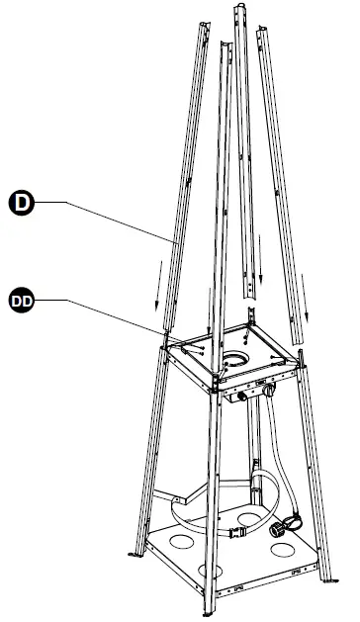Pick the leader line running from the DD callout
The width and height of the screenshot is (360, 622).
[x=99, y=314]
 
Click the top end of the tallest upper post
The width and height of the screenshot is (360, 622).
[x=238, y=12]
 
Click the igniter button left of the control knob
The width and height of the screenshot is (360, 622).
[x=241, y=397]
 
